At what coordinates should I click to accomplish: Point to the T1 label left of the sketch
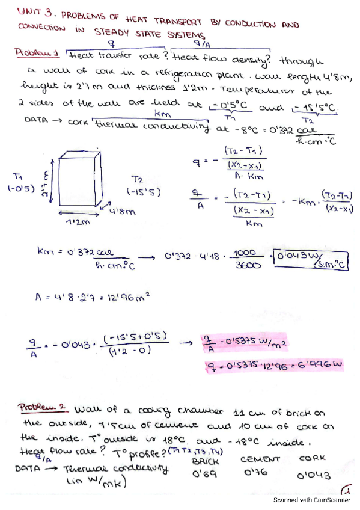tap(17, 176)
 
